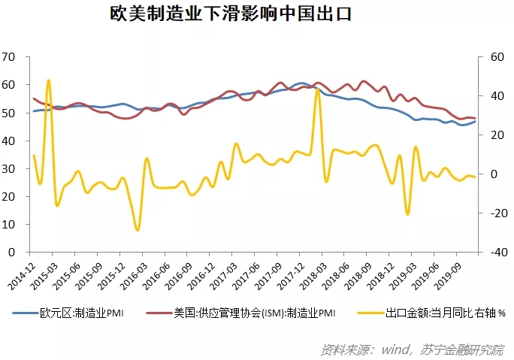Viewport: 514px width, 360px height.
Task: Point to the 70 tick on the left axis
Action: (x=9, y=57)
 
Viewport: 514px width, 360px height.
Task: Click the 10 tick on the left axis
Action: (x=9, y=224)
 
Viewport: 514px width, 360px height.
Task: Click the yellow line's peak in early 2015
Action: (x=49, y=80)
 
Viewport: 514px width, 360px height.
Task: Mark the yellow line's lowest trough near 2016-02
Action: (x=137, y=229)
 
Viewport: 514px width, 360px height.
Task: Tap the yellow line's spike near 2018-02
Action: (x=317, y=90)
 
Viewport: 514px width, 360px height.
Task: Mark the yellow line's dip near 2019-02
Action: (x=408, y=214)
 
